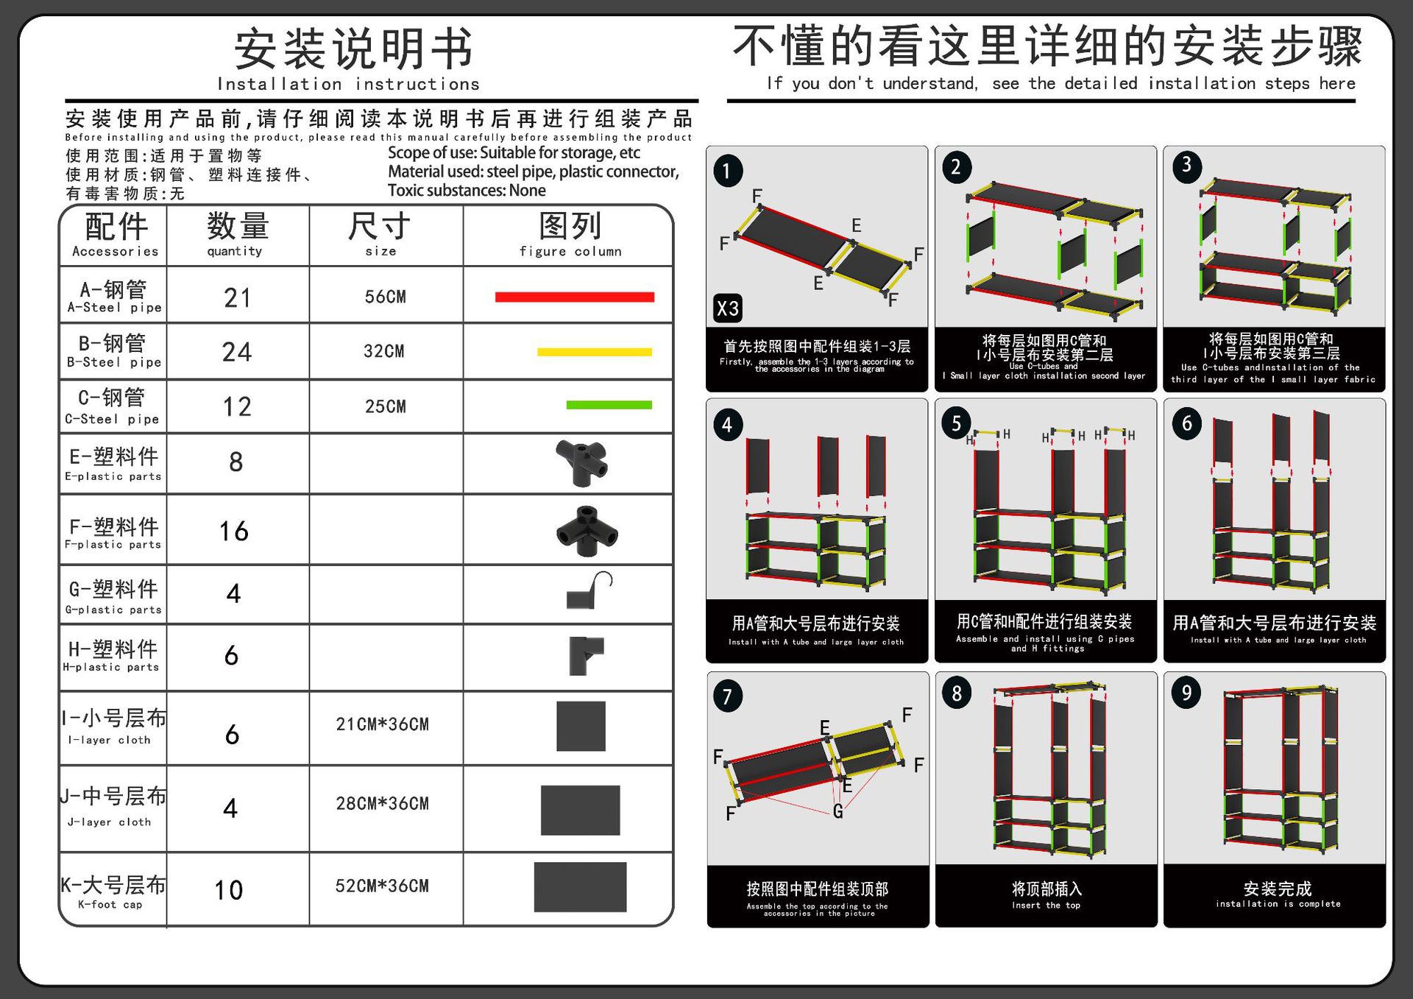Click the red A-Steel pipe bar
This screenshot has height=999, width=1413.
574,297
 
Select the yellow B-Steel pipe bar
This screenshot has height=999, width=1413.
595,352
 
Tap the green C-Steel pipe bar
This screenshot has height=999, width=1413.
609,405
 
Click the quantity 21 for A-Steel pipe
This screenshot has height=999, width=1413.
237,298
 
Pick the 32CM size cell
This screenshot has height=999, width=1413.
384,352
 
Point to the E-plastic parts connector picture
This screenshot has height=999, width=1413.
582,462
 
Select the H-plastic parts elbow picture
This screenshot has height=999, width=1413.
585,655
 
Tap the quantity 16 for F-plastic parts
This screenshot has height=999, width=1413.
234,532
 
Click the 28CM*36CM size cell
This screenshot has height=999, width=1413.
382,804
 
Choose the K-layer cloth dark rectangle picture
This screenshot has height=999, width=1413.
580,887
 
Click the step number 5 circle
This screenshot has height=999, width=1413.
956,423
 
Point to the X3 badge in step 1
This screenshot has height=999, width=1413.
727,308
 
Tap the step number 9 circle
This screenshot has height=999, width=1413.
1186,693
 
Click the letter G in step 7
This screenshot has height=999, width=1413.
838,811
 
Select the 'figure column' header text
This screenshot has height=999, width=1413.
570,252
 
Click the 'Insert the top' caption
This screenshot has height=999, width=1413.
1046,906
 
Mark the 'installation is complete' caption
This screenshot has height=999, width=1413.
1278,904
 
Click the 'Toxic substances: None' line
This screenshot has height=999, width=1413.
467,191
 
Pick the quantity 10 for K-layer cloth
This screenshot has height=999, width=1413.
229,891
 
